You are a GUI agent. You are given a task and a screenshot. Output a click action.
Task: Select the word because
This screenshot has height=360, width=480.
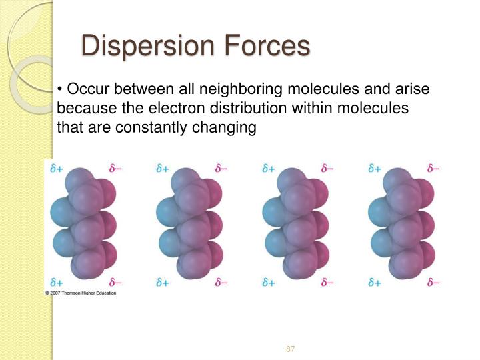coord(85,108)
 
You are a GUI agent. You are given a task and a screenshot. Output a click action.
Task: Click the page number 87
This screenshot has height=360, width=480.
coord(290,349)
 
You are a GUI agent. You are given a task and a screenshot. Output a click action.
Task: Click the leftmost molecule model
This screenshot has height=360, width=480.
coord(83,223)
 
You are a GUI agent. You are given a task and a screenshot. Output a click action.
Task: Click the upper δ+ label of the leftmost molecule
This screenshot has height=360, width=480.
coord(57,169)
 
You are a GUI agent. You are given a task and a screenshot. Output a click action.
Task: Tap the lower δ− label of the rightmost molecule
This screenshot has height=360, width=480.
coord(433,283)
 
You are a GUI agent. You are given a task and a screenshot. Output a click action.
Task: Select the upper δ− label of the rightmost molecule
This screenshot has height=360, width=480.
coord(433,169)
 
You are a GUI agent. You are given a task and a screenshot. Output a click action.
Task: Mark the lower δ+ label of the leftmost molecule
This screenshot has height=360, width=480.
coord(57,283)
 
